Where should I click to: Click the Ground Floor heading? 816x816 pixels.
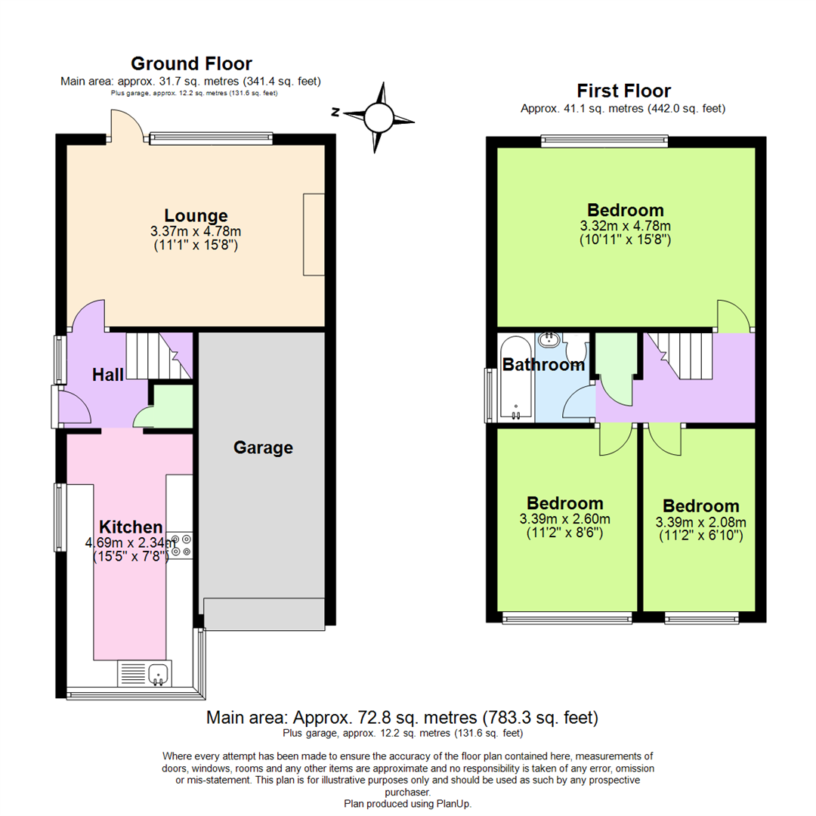click(191, 63)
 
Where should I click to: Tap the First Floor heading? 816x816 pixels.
click(623, 91)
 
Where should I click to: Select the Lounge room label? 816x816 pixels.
click(196, 215)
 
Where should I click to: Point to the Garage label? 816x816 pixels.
click(263, 447)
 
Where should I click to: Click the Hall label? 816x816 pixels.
click(108, 375)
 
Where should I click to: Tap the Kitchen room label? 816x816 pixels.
click(131, 527)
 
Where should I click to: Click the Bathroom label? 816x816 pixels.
click(543, 364)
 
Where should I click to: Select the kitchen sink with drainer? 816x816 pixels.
click(144, 673)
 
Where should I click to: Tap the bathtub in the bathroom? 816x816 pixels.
click(516, 377)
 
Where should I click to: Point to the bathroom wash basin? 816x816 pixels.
click(548, 340)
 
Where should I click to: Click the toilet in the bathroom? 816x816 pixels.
click(576, 345)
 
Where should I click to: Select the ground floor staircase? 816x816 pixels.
click(159, 356)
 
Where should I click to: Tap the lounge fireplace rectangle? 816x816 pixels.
click(314, 235)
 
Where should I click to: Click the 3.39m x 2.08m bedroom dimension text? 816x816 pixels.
click(700, 529)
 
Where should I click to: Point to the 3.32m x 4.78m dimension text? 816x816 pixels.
click(625, 233)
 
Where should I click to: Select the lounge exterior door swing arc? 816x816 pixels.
click(127, 125)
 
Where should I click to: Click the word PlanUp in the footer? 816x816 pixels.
click(453, 803)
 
